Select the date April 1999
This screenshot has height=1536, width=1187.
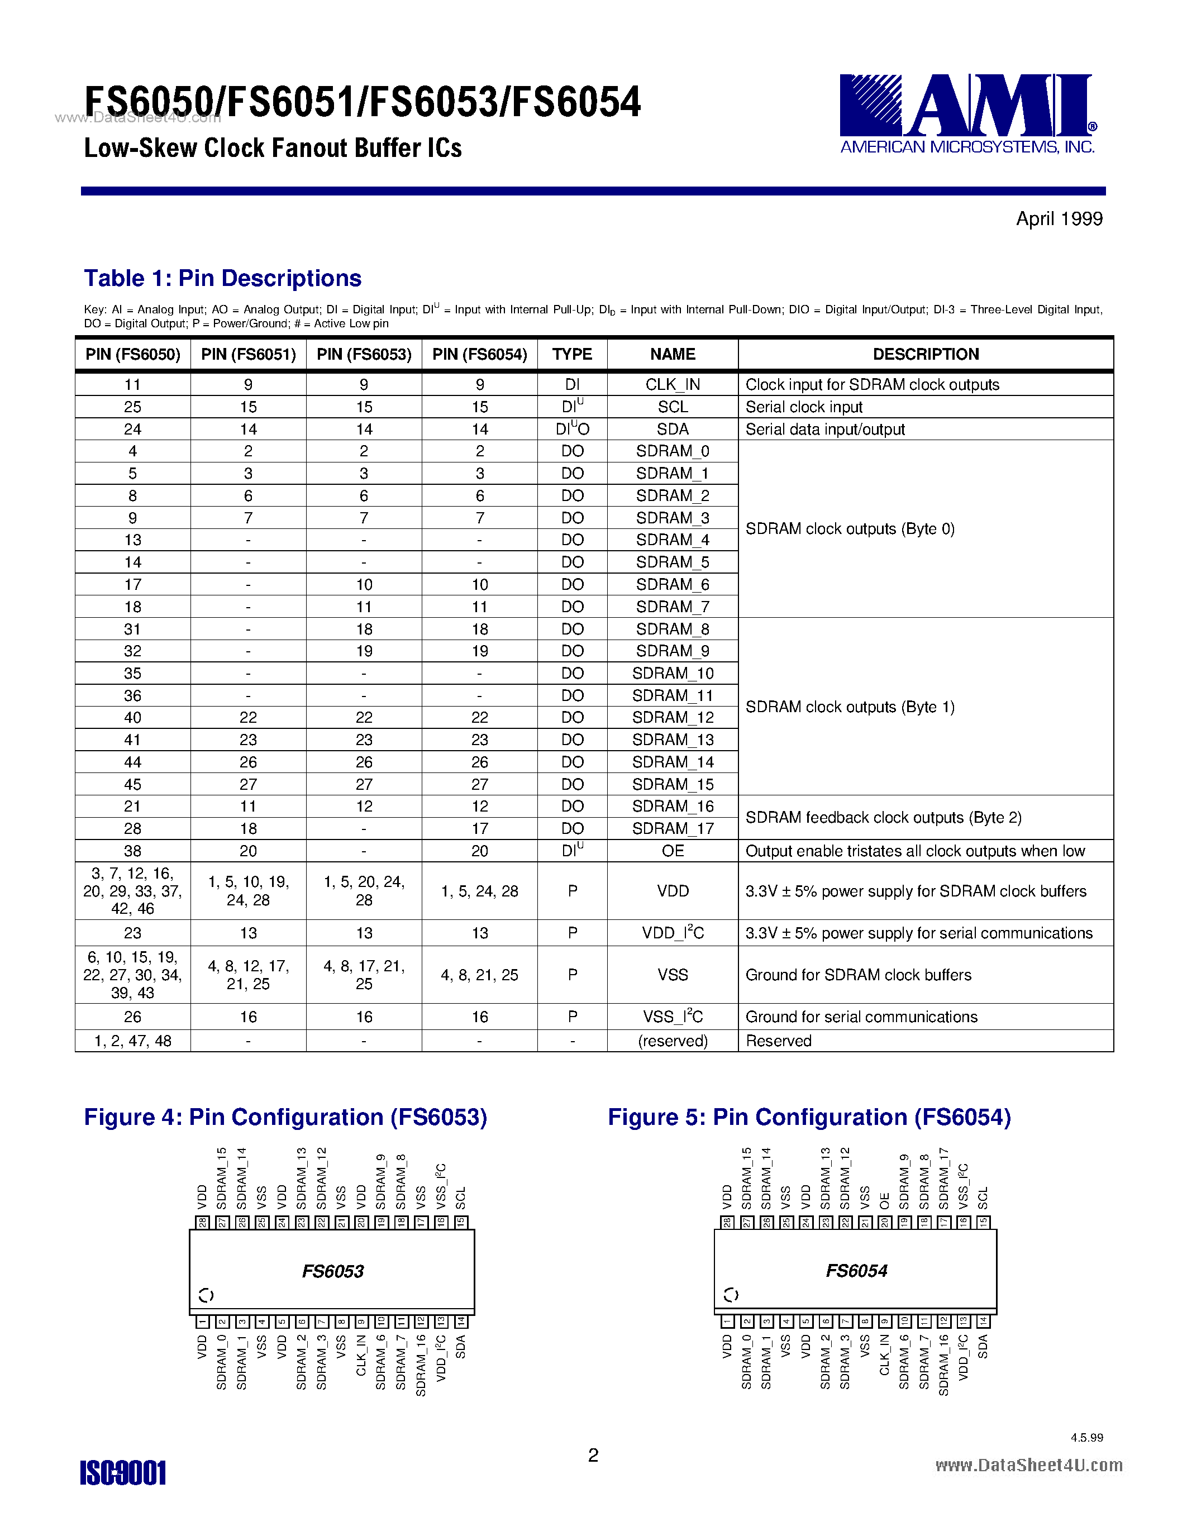pos(1059,220)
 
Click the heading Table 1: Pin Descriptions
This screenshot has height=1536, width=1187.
pos(222,279)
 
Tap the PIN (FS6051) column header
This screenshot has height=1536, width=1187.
pos(248,355)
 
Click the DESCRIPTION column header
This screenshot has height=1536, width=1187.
pos(926,355)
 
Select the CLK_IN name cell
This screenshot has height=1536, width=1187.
pos(672,385)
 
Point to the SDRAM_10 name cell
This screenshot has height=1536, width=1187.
pos(672,674)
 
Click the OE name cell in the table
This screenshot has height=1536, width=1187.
pos(672,851)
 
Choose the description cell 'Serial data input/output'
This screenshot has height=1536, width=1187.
pos(825,430)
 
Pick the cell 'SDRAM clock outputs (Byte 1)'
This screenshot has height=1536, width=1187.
pos(850,707)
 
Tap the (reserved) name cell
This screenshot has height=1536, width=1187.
pos(672,1041)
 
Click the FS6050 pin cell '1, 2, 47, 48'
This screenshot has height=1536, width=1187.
pos(133,1041)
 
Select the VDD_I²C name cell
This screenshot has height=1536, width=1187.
pos(672,933)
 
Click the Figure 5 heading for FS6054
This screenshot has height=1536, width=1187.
pos(809,1118)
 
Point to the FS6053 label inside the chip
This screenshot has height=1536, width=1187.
pos(332,1272)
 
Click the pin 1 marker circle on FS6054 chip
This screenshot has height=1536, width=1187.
pos(731,1295)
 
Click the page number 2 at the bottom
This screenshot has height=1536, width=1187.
pos(593,1455)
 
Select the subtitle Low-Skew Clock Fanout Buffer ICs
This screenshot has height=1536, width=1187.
pos(273,149)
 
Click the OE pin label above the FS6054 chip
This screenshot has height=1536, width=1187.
pos(885,1200)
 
